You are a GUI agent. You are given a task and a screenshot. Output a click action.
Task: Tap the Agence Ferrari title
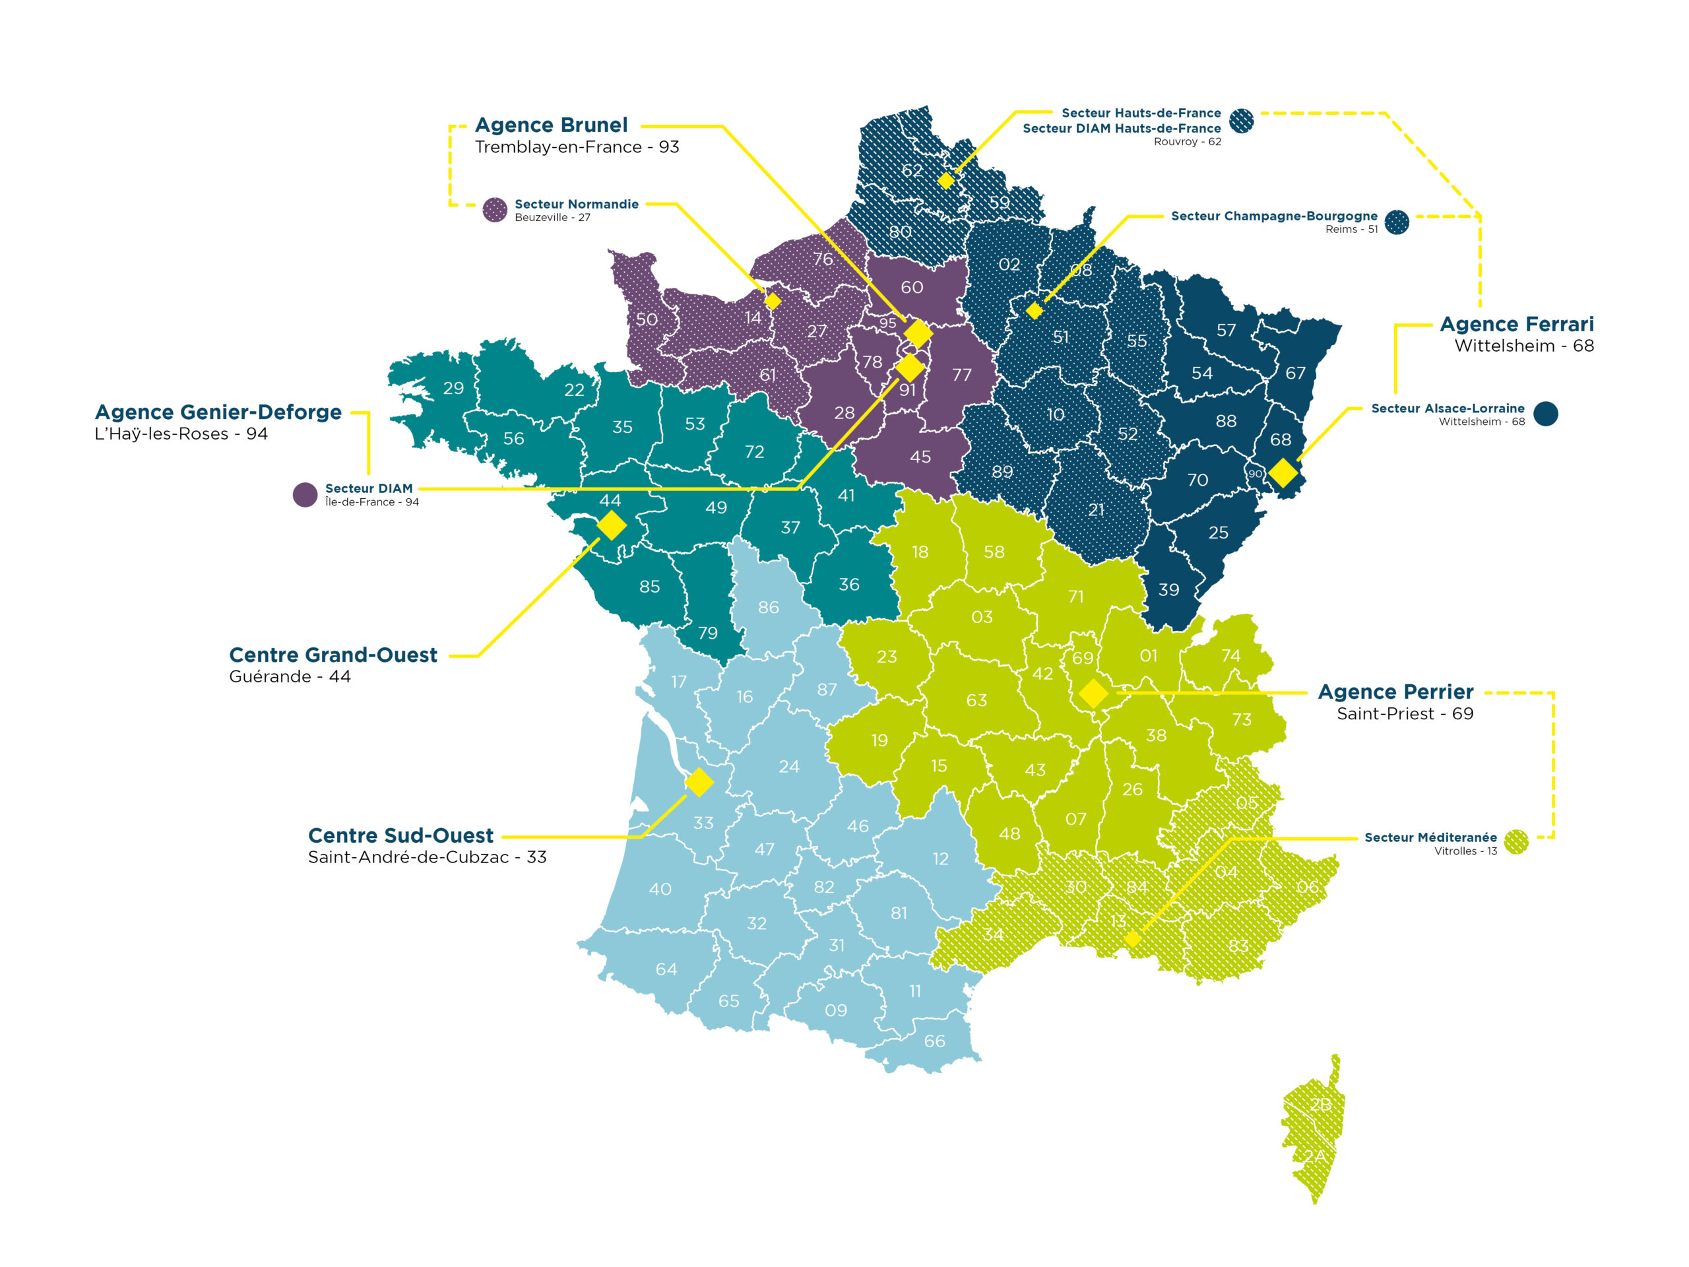pyautogui.click(x=1515, y=324)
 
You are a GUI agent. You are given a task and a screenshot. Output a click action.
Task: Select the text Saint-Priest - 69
pyautogui.click(x=1404, y=713)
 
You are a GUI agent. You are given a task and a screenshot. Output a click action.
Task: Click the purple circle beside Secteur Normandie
pyautogui.click(x=495, y=209)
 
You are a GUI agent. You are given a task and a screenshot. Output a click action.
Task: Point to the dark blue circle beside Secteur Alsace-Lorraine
pyautogui.click(x=1545, y=413)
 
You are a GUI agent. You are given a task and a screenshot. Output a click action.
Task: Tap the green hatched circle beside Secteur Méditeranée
pyautogui.click(x=1515, y=841)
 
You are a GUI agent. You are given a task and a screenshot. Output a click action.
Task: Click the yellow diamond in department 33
pyautogui.click(x=699, y=782)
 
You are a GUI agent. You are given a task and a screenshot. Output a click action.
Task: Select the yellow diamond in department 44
pyautogui.click(x=611, y=525)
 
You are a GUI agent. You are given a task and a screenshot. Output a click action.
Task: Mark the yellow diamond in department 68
pyautogui.click(x=1283, y=472)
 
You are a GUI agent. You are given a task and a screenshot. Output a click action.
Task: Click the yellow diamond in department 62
pyautogui.click(x=945, y=180)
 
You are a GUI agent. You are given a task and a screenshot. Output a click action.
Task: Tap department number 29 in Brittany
pyautogui.click(x=453, y=388)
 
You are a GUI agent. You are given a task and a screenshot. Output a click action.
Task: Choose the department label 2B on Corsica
pyautogui.click(x=1320, y=1104)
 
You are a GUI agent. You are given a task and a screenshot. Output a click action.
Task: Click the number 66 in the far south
pyautogui.click(x=934, y=1041)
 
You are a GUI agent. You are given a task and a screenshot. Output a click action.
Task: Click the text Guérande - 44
pyautogui.click(x=290, y=676)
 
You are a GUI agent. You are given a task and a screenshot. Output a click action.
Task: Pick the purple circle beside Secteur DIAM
pyautogui.click(x=305, y=494)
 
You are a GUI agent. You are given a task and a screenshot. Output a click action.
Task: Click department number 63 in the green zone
pyautogui.click(x=976, y=700)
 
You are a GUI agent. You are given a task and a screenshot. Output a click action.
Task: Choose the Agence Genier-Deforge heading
pyautogui.click(x=218, y=412)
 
